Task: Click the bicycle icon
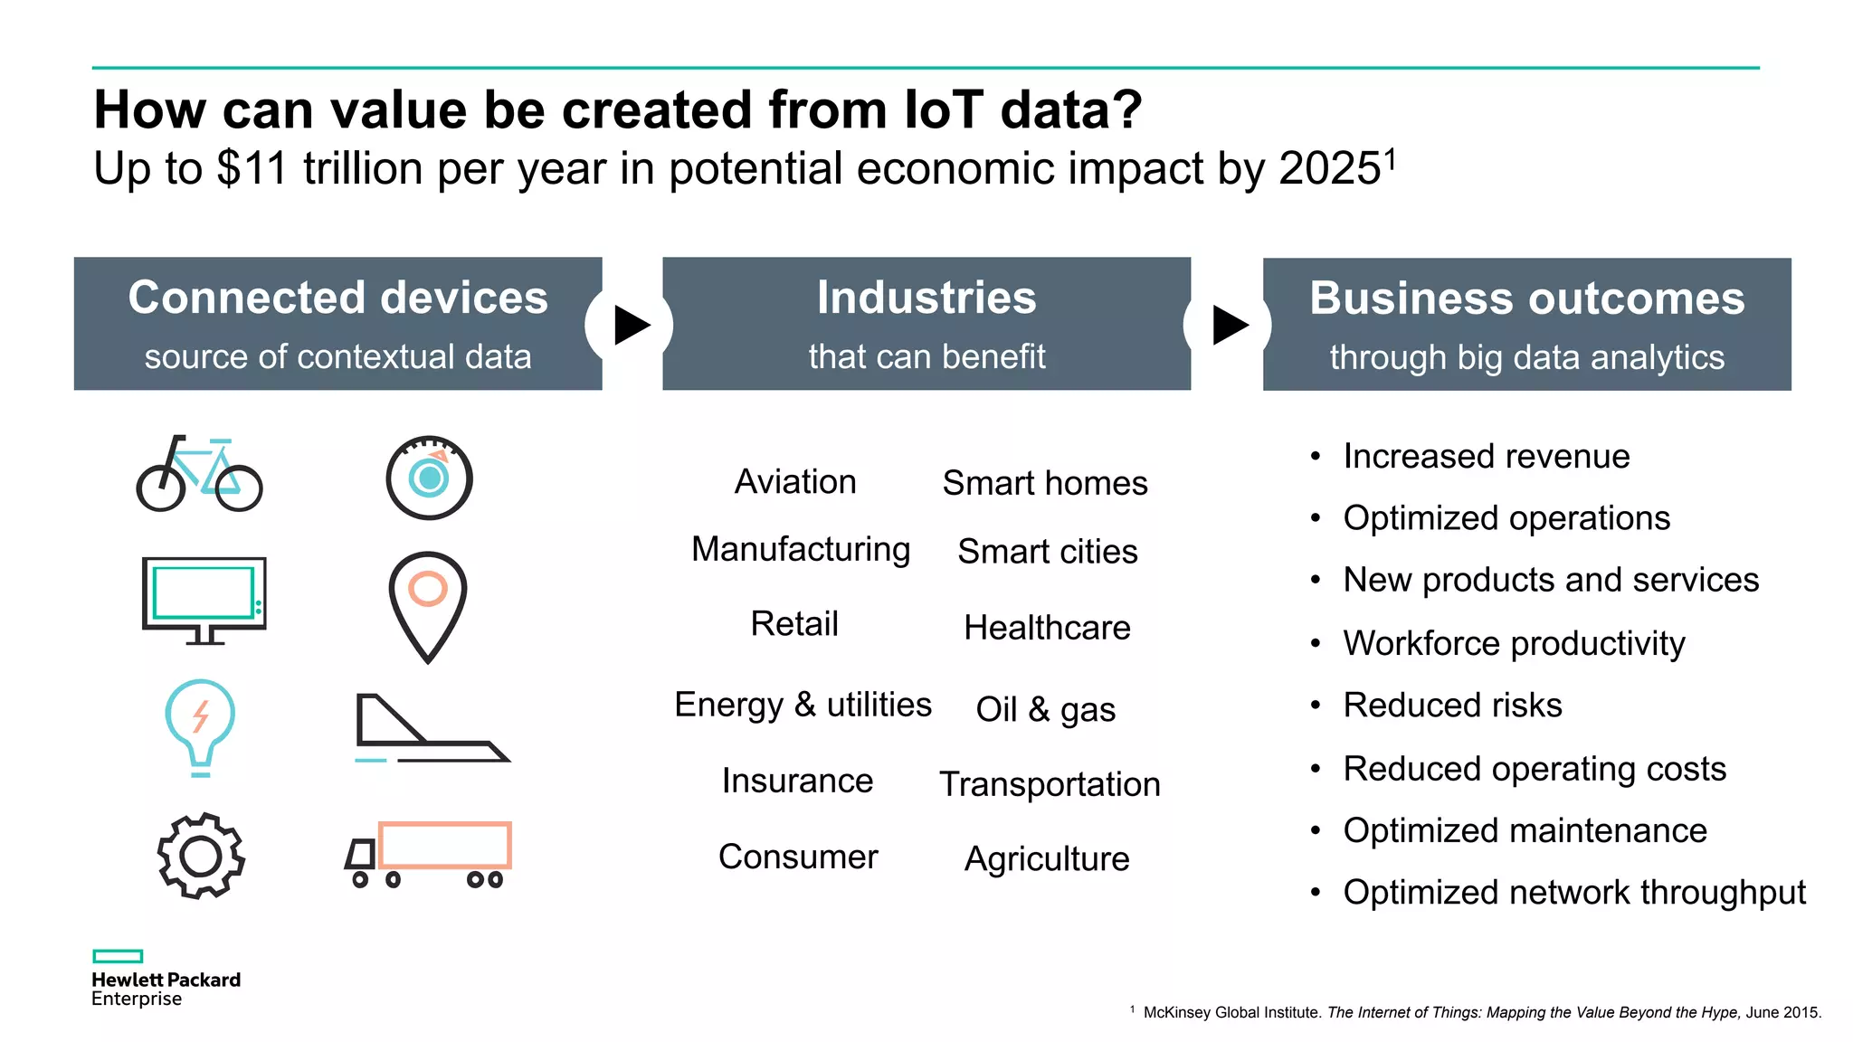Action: [199, 474]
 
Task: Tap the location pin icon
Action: [428, 604]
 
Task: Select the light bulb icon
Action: [200, 725]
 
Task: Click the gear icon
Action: [201, 856]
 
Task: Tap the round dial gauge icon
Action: [430, 478]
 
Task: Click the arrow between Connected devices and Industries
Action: [632, 325]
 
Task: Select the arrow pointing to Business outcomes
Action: [1229, 325]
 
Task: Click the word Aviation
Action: [795, 482]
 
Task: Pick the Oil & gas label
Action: [1045, 709]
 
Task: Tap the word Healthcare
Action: [1047, 628]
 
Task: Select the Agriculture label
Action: [1047, 858]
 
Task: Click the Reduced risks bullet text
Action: [1452, 706]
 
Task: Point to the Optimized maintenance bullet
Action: [1525, 830]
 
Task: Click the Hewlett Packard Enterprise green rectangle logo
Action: [118, 956]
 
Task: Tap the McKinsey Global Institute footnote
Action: [1481, 1012]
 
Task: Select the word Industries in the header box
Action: [926, 298]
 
